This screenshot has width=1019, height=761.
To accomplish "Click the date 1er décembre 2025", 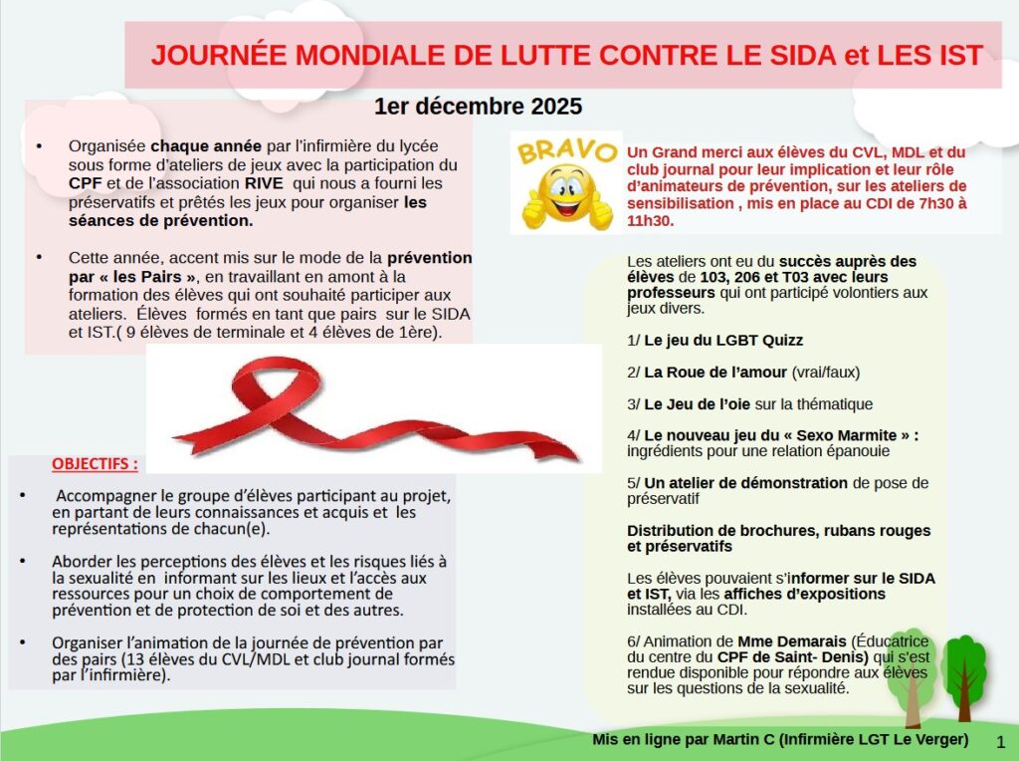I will point(479,107).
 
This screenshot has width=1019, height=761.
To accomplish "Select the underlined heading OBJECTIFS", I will point(95,464).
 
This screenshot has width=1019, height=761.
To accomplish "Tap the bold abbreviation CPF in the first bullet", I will point(85,183).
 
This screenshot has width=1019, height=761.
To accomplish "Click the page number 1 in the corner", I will point(1000,741).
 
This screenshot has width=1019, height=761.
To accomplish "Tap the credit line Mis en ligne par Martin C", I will point(687,739).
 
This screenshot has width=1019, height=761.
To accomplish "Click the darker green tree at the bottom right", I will point(963,672).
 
